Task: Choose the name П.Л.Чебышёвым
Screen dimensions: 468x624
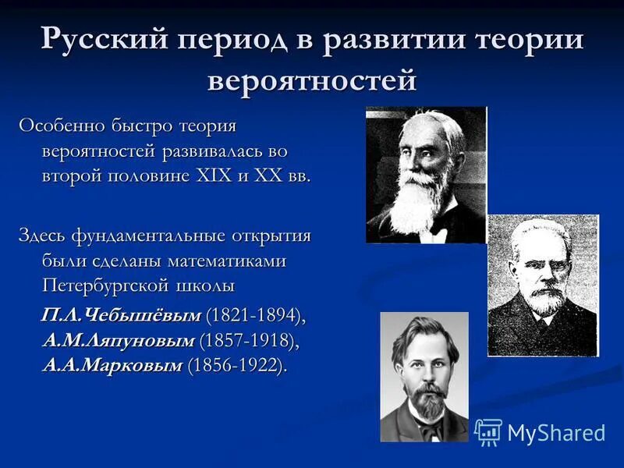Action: [x=122, y=315]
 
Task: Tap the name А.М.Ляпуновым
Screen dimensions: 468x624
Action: [x=118, y=340]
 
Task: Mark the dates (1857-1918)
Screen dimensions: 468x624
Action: [x=248, y=340]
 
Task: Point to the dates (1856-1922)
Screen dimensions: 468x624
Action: [x=236, y=365]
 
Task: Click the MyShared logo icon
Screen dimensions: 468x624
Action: [x=487, y=431]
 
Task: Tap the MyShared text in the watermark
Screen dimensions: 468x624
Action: [x=556, y=433]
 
